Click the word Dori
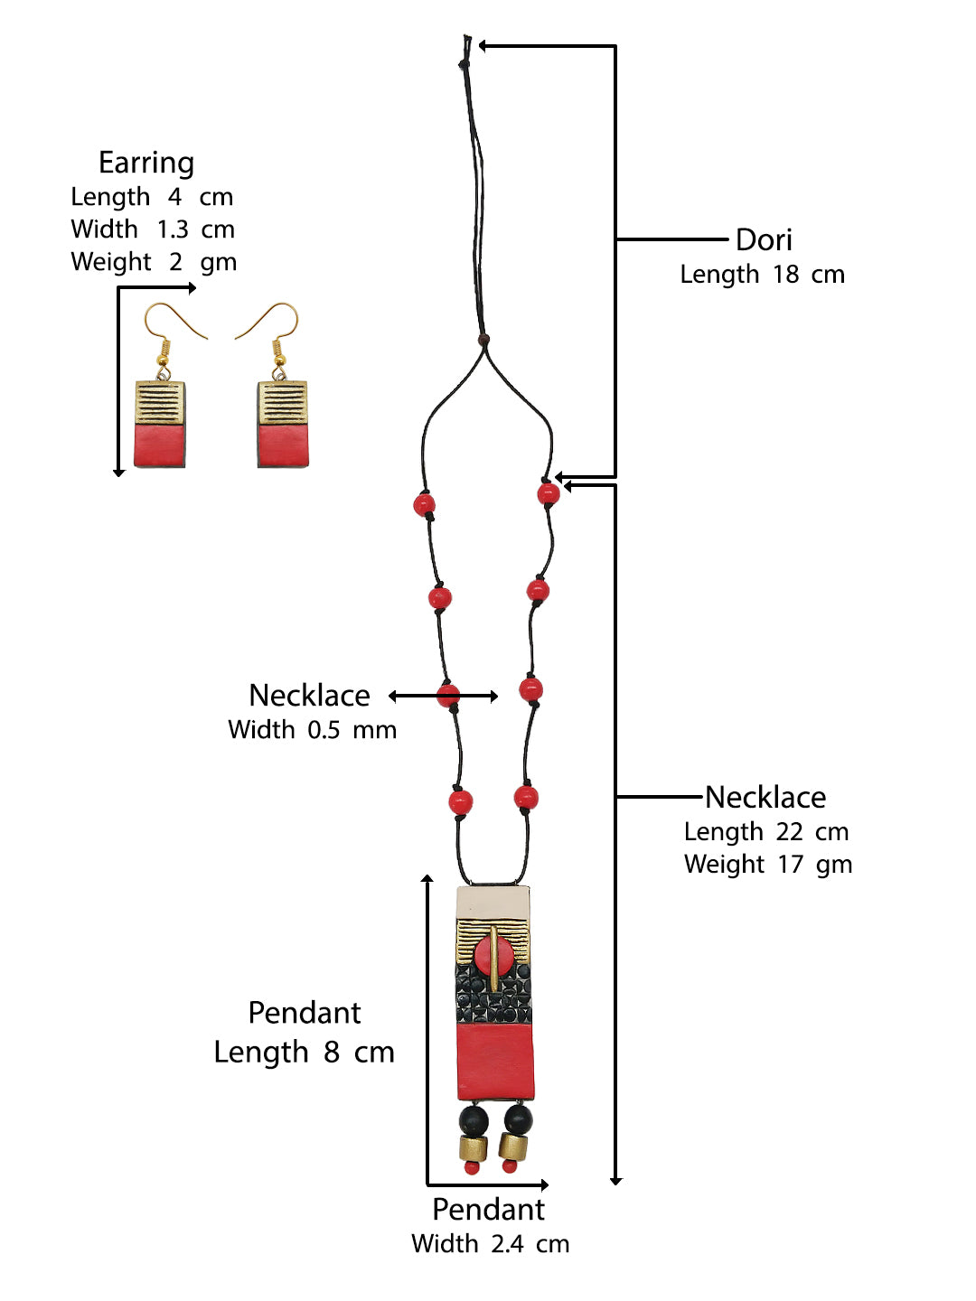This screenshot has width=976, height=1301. pos(764,240)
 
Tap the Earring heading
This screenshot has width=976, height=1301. pos(146,164)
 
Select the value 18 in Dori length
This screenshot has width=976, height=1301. pos(785,275)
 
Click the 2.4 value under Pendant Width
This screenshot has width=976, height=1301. pos(507,1244)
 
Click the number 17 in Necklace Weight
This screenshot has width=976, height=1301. pos(790,865)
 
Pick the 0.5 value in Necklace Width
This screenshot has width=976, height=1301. pos(324,730)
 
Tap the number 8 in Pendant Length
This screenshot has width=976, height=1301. pos(332,1053)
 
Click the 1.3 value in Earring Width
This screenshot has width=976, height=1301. pos(173,229)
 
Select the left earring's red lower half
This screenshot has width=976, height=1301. pos(160,445)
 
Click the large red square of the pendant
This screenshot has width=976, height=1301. pos(494,1062)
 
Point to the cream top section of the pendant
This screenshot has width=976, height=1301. pos(493,902)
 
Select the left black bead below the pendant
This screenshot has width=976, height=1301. pos(473,1120)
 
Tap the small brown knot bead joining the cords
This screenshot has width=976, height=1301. pos(484,341)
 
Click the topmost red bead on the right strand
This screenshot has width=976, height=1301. pos(549,493)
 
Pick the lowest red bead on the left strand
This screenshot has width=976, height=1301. pos(460,801)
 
